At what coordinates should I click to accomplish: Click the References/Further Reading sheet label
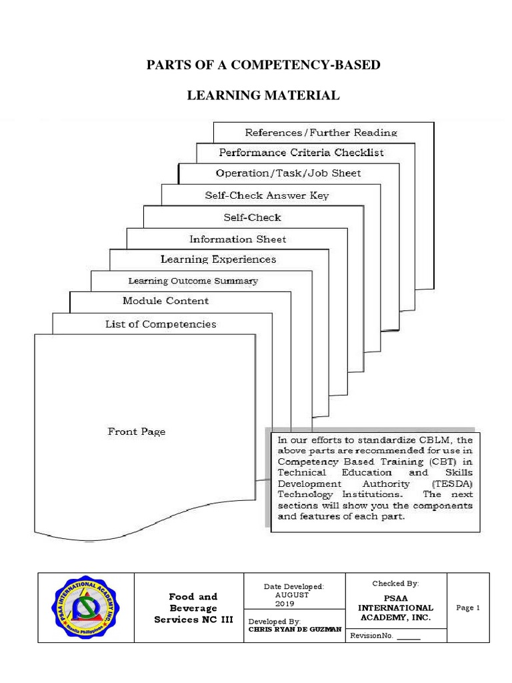(321, 133)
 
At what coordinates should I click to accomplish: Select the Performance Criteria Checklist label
(301, 153)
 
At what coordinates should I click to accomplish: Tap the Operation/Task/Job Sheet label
(288, 173)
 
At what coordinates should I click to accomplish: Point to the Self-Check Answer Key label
(267, 196)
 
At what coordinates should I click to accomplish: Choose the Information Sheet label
(237, 239)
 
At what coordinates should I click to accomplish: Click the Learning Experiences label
(218, 259)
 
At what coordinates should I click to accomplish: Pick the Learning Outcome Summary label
(193, 281)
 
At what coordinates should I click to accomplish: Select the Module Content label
(165, 301)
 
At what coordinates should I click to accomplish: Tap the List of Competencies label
(161, 324)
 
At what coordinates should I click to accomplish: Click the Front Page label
(137, 432)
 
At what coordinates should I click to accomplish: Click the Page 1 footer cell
(468, 608)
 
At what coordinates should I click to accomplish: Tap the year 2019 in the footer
(285, 604)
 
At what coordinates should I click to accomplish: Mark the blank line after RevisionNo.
(409, 636)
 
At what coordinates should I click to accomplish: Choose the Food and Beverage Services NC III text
(193, 608)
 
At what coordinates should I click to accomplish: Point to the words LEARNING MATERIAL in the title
(263, 96)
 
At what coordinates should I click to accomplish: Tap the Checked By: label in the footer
(395, 584)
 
